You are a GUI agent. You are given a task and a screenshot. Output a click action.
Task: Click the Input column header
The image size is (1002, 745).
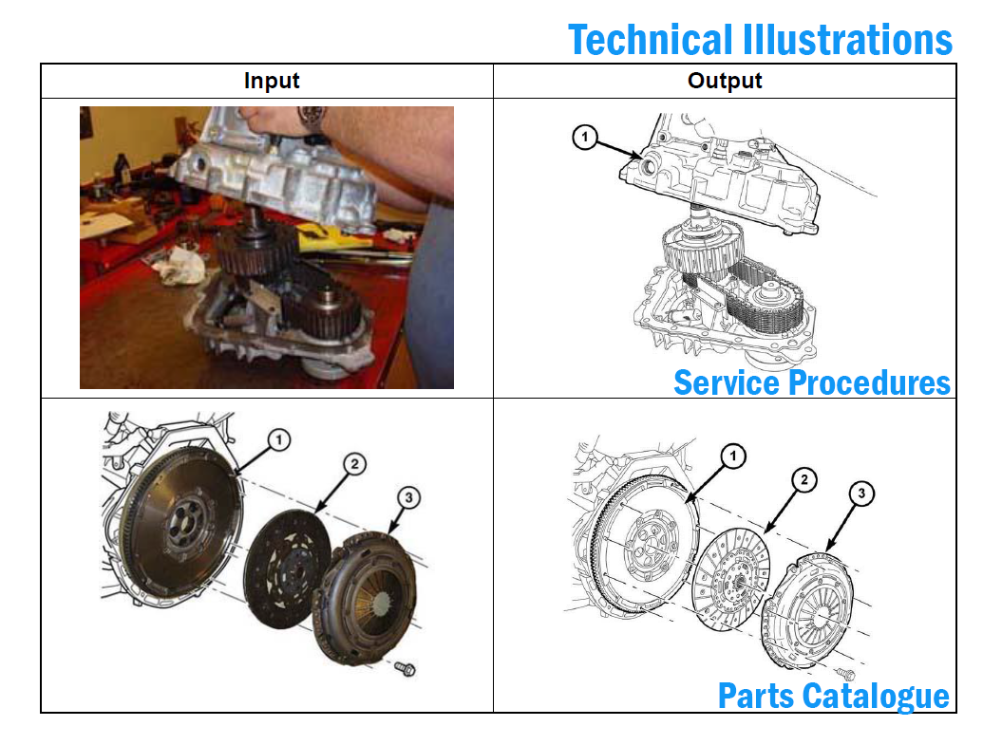(272, 81)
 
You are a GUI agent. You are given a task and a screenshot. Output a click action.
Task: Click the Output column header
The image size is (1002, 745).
(725, 81)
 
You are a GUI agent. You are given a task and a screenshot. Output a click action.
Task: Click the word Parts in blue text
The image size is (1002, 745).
(756, 696)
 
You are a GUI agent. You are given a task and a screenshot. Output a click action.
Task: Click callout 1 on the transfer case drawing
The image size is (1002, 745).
(586, 139)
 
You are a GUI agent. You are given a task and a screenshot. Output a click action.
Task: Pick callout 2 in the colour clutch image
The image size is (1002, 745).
(353, 464)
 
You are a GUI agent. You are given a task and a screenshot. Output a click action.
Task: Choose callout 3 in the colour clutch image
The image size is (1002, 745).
(407, 496)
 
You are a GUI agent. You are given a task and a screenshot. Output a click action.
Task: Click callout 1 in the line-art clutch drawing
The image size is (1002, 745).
(733, 457)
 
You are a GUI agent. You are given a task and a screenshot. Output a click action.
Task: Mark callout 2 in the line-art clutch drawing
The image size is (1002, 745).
(803, 480)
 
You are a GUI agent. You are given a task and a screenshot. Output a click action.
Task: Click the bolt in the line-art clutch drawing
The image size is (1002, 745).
(848, 675)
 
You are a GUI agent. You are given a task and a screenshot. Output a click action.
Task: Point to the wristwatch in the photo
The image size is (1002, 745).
(311, 118)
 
